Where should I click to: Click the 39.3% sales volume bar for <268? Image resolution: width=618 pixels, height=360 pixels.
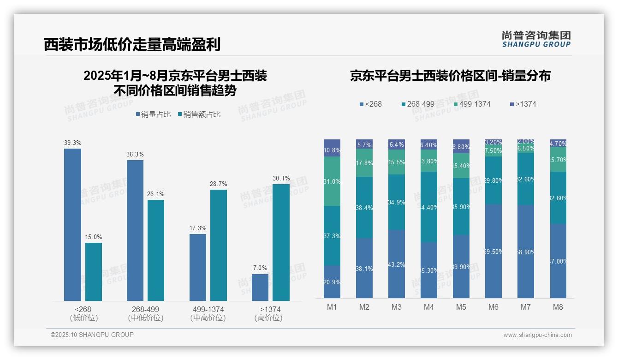[x=72, y=225]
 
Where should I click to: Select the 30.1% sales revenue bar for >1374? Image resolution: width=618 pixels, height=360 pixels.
[x=281, y=242]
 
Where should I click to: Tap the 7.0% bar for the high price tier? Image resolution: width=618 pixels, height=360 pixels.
[x=260, y=288]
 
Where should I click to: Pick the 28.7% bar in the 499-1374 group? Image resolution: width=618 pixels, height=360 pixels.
[x=219, y=245]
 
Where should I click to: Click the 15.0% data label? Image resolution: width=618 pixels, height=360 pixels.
[x=93, y=237]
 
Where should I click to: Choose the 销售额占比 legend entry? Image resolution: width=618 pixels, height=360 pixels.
[x=199, y=114]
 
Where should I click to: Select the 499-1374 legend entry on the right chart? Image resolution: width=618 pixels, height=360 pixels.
[x=472, y=104]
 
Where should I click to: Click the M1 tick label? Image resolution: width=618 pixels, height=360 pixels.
[x=332, y=307]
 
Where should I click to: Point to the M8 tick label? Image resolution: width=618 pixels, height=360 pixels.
[x=558, y=307]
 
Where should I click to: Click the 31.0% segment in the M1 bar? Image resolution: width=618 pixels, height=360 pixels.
[x=332, y=181]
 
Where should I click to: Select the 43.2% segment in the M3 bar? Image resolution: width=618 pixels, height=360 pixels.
[x=397, y=264]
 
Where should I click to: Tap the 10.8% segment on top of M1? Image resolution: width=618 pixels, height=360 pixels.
[x=332, y=148]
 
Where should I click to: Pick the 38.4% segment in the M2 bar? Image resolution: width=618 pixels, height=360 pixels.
[x=364, y=208]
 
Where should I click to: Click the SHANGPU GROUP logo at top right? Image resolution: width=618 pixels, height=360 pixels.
[x=536, y=39]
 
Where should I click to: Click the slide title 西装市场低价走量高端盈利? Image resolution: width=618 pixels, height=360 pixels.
[x=132, y=44]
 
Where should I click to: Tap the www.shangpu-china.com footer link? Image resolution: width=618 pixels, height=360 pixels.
[x=537, y=335]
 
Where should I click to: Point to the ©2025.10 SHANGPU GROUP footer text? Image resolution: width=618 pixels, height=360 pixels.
[x=92, y=335]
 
